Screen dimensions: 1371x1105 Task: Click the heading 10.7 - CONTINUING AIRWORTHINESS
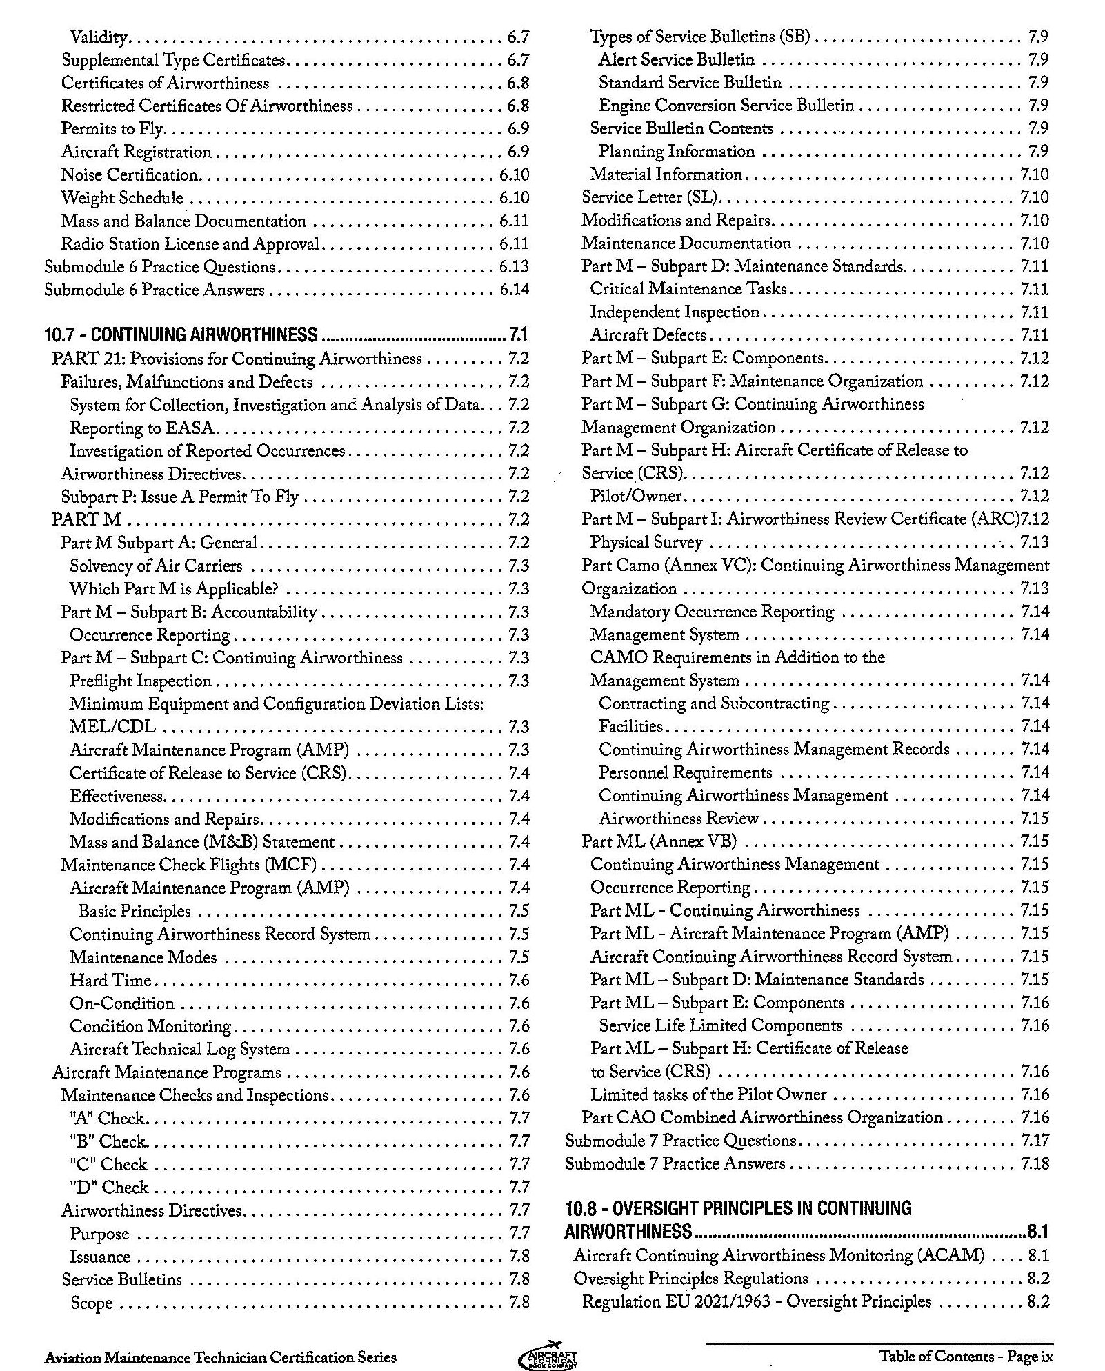tap(181, 336)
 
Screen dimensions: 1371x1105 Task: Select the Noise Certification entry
tap(130, 175)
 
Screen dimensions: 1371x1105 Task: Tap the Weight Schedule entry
tap(122, 198)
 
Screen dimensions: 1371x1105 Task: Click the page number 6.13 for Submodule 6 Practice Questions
tap(514, 267)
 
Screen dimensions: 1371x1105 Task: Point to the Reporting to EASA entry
tap(143, 428)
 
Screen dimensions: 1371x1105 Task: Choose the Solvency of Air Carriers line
tap(156, 566)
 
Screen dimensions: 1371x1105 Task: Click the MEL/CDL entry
tap(112, 727)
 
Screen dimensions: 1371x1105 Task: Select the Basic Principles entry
tap(135, 911)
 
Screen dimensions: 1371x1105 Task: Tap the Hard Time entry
tap(110, 980)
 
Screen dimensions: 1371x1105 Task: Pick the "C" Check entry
tap(108, 1164)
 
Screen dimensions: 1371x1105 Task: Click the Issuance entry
tap(100, 1257)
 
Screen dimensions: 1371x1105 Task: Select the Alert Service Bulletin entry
tap(677, 60)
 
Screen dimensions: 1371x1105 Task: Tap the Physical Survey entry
tap(646, 543)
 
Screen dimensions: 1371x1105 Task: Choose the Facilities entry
tap(630, 726)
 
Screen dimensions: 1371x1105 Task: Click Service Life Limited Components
tap(721, 1025)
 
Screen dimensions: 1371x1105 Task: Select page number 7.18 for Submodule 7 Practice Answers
tap(1035, 1164)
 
